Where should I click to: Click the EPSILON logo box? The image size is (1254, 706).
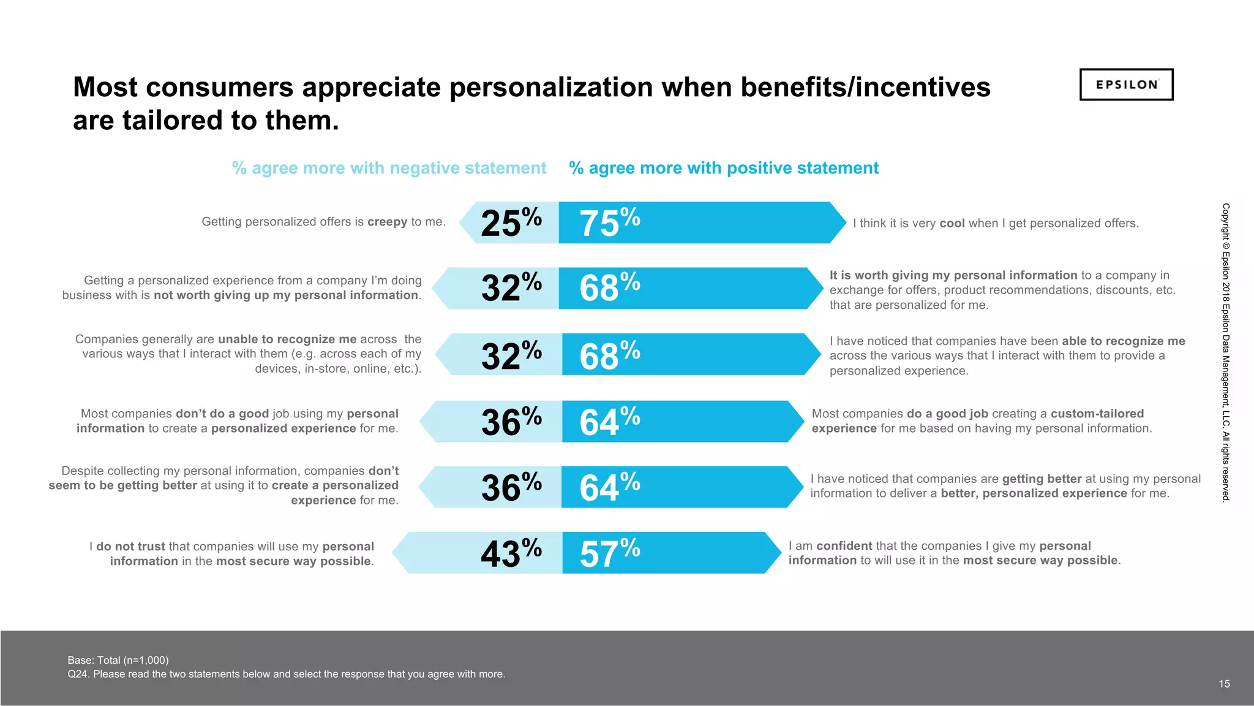[x=1126, y=85]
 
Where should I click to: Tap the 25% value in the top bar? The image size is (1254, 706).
[x=511, y=222]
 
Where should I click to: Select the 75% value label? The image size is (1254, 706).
[x=609, y=222]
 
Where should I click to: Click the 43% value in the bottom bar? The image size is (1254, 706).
[x=511, y=553]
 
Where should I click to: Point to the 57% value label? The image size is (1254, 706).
[x=609, y=553]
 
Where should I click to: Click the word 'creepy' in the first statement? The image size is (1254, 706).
[x=387, y=222]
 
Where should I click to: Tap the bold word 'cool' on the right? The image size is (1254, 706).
[x=952, y=224]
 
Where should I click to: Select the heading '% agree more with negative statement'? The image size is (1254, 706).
[x=389, y=168]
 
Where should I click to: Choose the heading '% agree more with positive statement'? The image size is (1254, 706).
[x=724, y=168]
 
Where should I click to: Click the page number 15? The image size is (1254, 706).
[x=1224, y=684]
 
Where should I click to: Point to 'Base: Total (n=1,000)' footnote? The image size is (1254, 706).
[x=118, y=660]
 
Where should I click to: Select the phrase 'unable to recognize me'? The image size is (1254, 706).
[x=287, y=340]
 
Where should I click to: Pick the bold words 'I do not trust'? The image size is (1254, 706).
[x=127, y=547]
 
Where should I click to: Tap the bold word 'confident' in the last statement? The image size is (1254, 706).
[x=844, y=546]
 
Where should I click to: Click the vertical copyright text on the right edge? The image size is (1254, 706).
[x=1225, y=352]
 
